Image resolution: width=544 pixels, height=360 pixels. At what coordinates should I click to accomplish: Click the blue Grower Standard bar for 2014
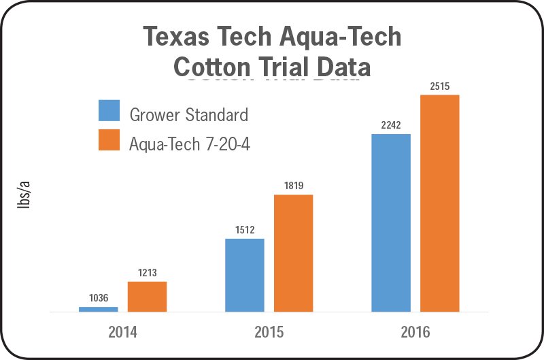click(x=98, y=309)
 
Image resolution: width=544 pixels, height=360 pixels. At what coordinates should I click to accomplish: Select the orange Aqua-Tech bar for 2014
click(x=147, y=297)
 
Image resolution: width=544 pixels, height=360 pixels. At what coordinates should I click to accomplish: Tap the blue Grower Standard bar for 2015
click(x=244, y=275)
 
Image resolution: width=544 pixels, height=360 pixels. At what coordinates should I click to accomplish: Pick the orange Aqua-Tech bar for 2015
click(x=293, y=253)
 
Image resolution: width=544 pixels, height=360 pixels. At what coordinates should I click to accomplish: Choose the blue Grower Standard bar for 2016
click(x=391, y=223)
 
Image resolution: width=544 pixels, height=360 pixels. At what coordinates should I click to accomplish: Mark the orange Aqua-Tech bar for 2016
click(x=440, y=203)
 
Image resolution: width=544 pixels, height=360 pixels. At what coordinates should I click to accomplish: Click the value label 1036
click(x=99, y=297)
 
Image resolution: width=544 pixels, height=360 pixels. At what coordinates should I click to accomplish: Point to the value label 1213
click(x=147, y=273)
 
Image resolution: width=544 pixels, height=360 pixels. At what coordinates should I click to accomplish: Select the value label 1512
click(x=245, y=229)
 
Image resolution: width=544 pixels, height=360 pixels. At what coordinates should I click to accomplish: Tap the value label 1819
click(x=293, y=185)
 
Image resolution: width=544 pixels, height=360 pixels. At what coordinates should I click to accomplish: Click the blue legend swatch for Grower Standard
click(x=109, y=112)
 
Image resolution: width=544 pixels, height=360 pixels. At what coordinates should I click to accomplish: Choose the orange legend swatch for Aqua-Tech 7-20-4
click(x=109, y=141)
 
